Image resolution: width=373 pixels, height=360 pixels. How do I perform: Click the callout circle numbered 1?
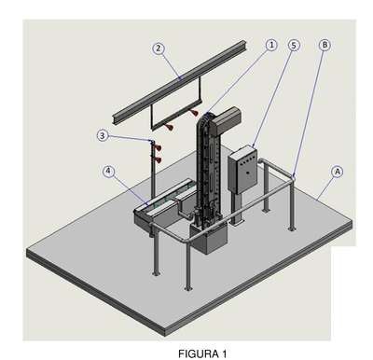(x=271, y=45)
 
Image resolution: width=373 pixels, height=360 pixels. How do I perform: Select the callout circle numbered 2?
(x=159, y=48)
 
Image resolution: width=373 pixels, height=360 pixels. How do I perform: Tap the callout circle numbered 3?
(x=103, y=135)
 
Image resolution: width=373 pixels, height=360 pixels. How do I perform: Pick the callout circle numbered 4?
(x=108, y=171)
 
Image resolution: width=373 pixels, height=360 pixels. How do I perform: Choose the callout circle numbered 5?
(x=294, y=46)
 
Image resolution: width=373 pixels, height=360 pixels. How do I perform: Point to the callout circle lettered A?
(x=338, y=172)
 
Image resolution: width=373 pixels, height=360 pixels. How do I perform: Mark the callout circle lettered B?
(x=325, y=45)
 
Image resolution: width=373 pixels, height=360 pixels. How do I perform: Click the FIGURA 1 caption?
(x=202, y=353)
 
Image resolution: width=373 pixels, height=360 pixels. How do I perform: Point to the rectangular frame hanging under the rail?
(x=176, y=104)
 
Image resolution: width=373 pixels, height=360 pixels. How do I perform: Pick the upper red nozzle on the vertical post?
(x=158, y=147)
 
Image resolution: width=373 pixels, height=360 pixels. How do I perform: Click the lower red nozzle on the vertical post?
(x=158, y=159)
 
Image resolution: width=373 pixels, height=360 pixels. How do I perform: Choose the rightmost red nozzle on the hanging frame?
(x=195, y=113)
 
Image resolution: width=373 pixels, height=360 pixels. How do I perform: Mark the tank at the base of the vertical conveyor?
(x=210, y=238)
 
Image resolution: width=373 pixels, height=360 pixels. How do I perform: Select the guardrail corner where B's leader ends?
(x=293, y=177)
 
